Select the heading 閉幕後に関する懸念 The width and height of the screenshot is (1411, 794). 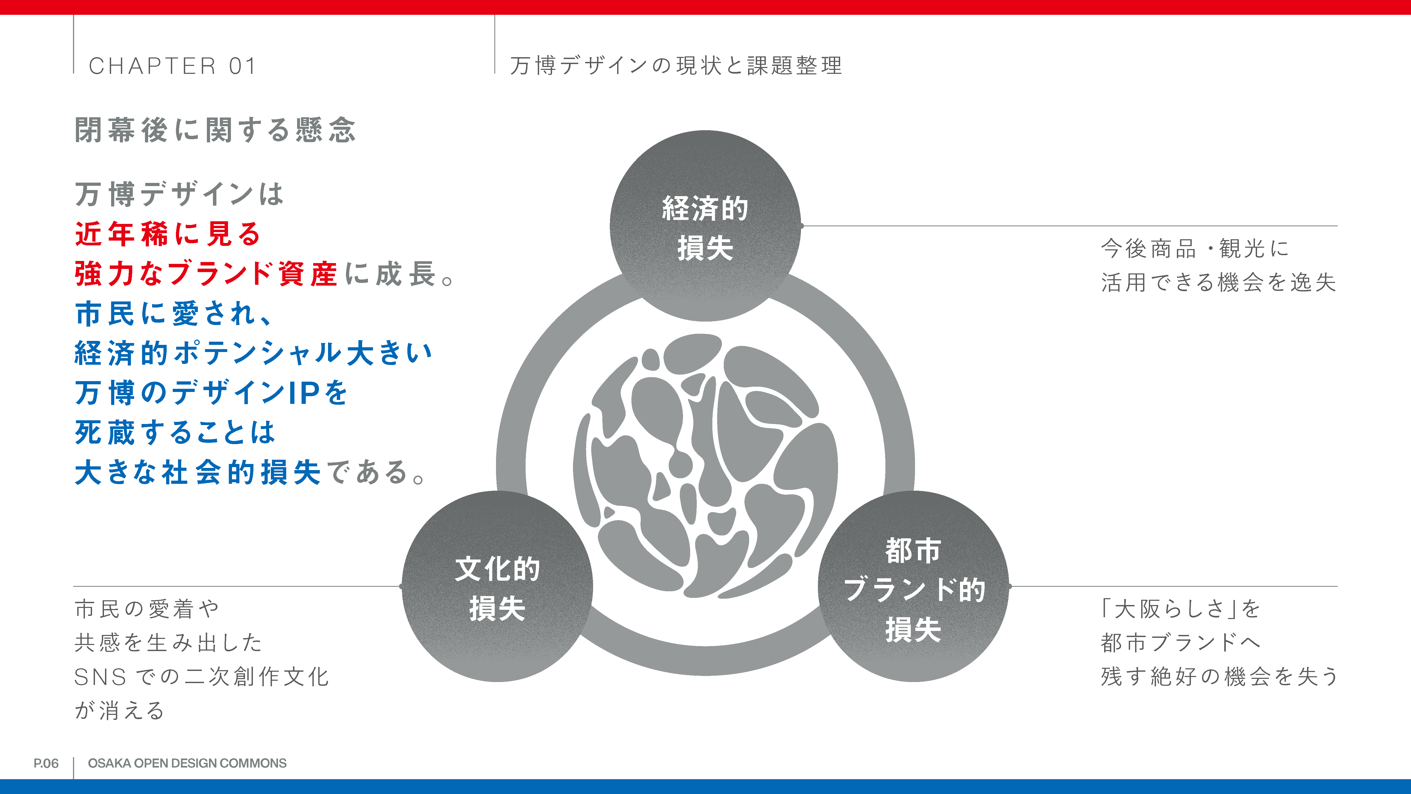pyautogui.click(x=215, y=130)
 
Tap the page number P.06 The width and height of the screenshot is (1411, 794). pyautogui.click(x=46, y=763)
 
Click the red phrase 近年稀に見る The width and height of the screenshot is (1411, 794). pyautogui.click(x=168, y=234)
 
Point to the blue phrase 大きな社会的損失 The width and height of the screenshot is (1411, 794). pyautogui.click(x=198, y=472)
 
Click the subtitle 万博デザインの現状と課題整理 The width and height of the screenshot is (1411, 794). pyautogui.click(x=676, y=66)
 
